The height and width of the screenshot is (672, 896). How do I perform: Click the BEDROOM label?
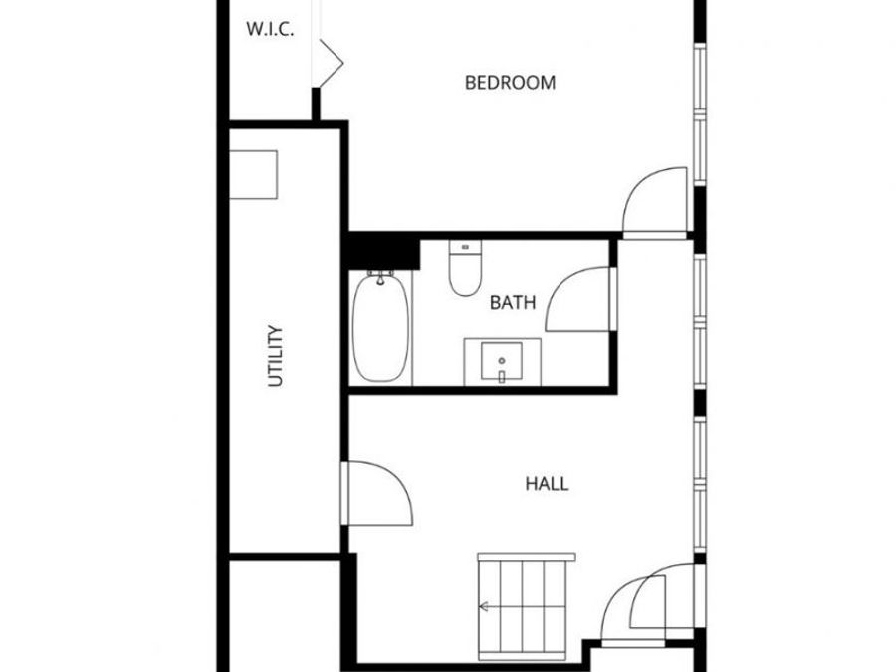click(510, 83)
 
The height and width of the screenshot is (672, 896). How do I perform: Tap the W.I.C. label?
click(270, 29)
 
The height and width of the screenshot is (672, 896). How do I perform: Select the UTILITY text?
click(277, 355)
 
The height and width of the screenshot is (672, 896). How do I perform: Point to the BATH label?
click(513, 302)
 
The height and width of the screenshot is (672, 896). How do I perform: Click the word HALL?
click(547, 484)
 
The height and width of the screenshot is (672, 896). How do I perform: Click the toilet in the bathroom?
click(464, 272)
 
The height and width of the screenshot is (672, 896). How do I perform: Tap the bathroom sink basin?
click(502, 360)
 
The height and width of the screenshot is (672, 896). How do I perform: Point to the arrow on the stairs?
click(486, 605)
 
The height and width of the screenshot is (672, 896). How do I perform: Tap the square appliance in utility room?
click(254, 175)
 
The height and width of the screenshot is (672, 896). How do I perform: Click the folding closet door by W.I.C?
click(329, 62)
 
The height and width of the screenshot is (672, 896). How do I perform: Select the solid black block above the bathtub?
click(383, 251)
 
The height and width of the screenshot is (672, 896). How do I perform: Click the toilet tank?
click(464, 246)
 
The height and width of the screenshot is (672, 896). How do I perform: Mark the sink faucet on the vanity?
click(502, 375)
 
